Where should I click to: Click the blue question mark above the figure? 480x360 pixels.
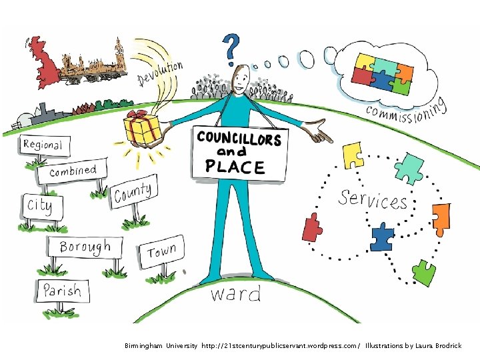coord(231,49)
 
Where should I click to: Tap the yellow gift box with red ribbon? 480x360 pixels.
coord(142,129)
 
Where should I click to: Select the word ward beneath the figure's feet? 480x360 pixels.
coord(236,293)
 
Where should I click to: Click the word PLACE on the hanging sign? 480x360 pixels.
coord(235,167)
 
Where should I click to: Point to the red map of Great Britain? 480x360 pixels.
coord(43,63)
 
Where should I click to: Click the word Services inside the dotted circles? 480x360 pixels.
coord(373,200)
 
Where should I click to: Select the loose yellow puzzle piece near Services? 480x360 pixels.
coord(353,155)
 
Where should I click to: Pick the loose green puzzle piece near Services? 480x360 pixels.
coord(424,273)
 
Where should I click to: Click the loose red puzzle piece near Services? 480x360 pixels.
coord(312,227)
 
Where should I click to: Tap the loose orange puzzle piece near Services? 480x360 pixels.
coord(441,219)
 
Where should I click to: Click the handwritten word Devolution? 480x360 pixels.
coord(160,74)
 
